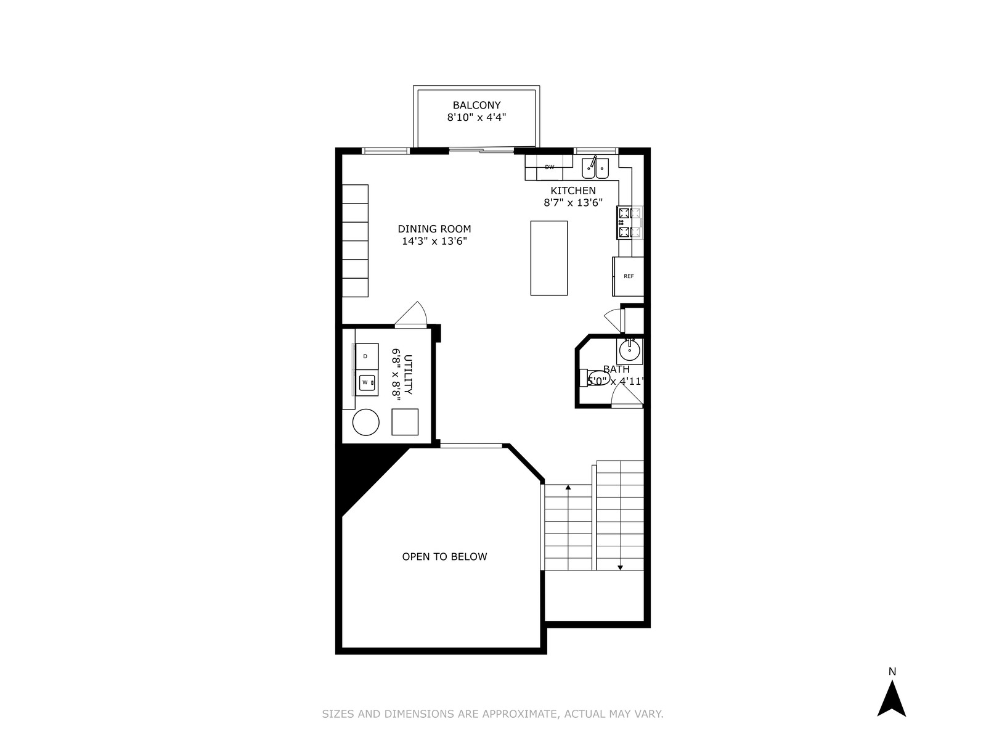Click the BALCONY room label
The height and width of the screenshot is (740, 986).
tap(476, 105)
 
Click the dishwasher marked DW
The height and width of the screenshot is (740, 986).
tap(549, 167)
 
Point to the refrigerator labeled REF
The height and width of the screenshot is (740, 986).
tap(629, 276)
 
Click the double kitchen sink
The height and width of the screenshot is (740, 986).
tap(595, 168)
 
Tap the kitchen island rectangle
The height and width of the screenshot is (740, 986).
tap(549, 258)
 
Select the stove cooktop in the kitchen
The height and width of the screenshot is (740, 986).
tap(629, 223)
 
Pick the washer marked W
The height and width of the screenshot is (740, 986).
tap(367, 383)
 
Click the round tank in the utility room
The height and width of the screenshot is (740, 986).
tap(365, 422)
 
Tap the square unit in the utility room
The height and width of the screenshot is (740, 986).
tap(405, 422)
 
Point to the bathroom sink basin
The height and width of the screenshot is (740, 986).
tap(629, 350)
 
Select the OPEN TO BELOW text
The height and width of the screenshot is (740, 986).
tap(444, 557)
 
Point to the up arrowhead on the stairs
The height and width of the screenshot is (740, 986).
tap(568, 487)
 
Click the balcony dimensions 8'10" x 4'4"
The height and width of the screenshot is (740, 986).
tap(476, 118)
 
